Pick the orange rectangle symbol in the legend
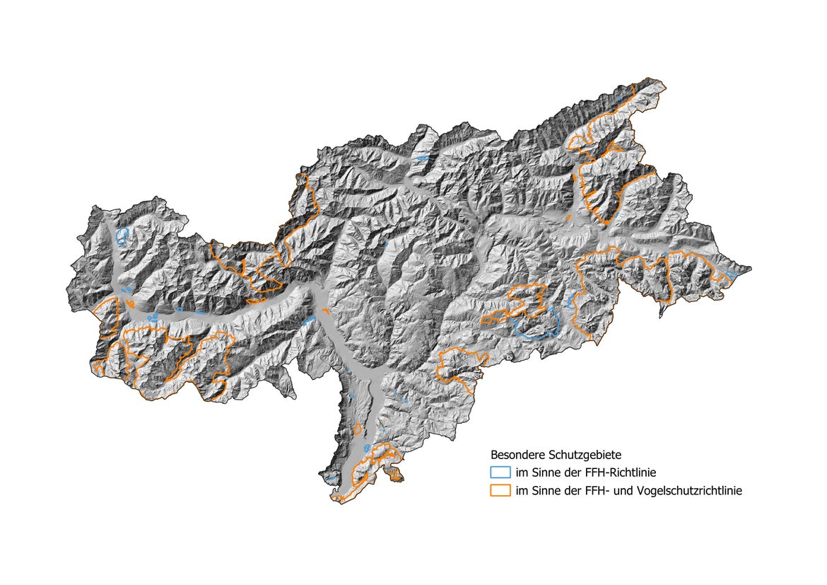pos(500,490)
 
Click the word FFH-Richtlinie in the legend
pos(628,472)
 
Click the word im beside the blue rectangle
pos(522,472)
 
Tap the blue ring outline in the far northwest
pos(122,236)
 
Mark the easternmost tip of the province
pos(751,268)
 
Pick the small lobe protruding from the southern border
pos(394,476)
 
